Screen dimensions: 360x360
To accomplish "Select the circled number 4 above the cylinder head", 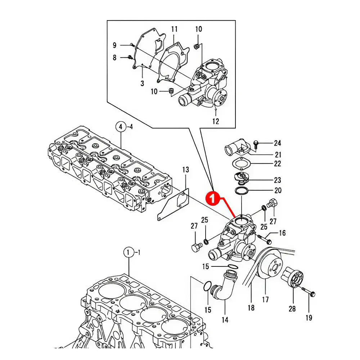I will [121, 127].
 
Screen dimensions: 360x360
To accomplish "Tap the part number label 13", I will [185, 170].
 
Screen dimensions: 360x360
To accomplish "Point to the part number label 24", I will [277, 143].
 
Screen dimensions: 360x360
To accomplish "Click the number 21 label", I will [278, 155].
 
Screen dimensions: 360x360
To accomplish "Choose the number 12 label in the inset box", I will [215, 121].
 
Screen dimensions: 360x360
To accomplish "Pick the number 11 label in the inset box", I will [174, 29].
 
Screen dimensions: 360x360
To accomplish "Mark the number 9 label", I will [114, 45].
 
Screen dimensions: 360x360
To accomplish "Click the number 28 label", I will [292, 309].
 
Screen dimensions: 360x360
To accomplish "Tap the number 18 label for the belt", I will [251, 308].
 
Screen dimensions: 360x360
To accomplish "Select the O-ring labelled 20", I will [242, 190].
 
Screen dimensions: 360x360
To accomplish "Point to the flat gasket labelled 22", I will [240, 164].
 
